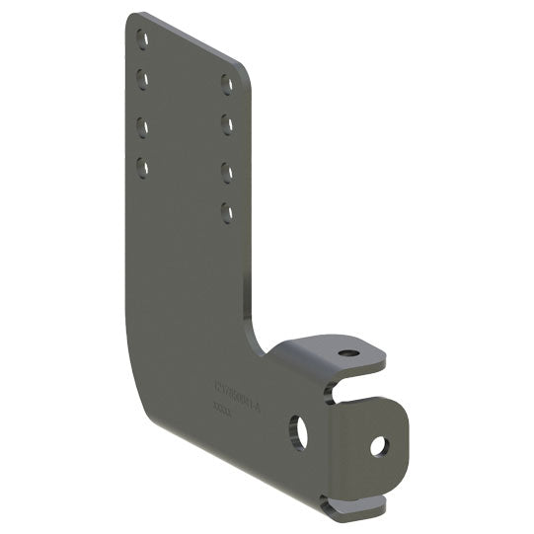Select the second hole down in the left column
point(143,78)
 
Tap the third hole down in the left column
point(143,126)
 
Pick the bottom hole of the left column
point(143,167)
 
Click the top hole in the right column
point(227,84)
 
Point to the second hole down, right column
point(227,124)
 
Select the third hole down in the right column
point(227,172)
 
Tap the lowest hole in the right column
point(227,211)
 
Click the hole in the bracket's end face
point(379,446)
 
